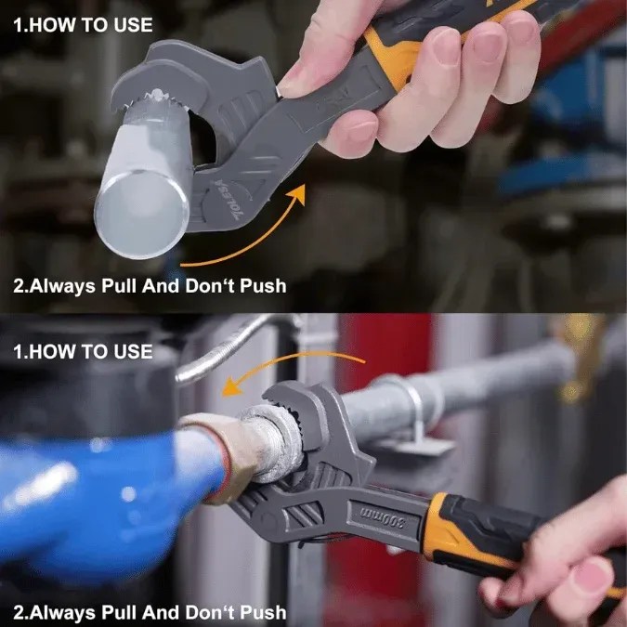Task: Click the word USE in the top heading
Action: coord(133,25)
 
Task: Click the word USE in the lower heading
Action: coord(133,352)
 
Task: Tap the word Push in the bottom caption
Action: coord(263,613)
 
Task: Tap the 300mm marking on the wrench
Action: coord(383,516)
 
